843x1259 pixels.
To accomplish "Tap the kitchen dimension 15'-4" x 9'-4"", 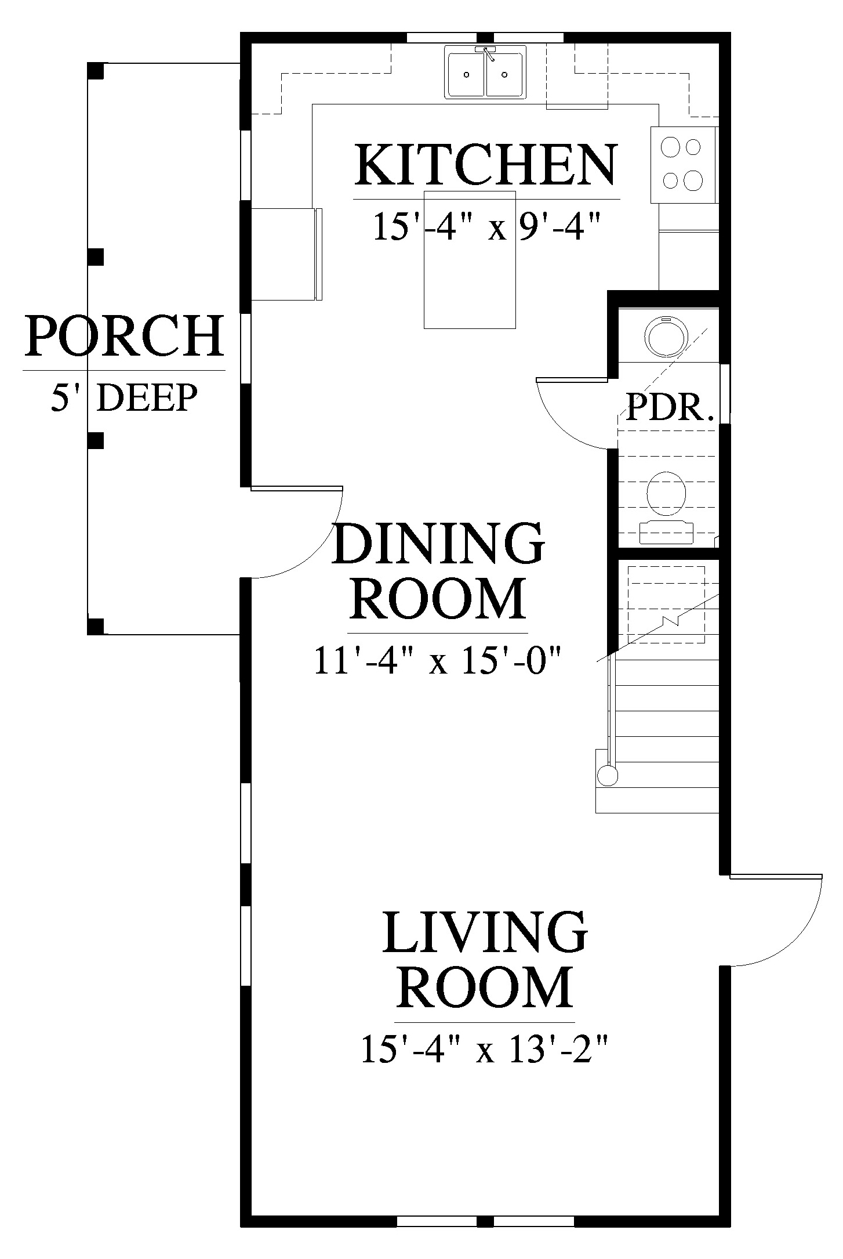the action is [x=485, y=226].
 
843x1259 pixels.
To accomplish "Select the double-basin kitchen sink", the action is [x=486, y=71].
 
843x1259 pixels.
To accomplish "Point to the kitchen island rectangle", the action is [x=470, y=259].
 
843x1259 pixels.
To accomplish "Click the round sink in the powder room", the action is [x=666, y=337].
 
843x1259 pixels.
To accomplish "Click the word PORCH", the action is [x=123, y=336].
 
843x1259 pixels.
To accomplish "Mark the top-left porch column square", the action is [x=96, y=70].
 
